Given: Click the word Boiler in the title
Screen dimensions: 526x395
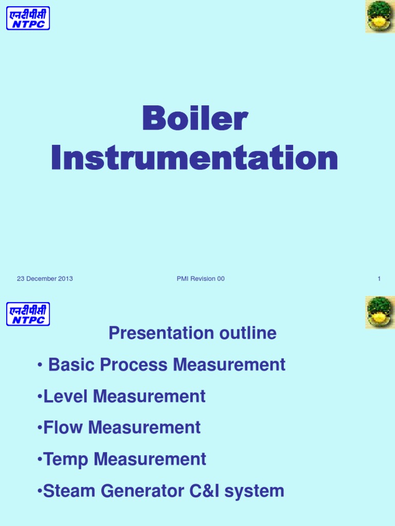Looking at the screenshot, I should coord(195,119).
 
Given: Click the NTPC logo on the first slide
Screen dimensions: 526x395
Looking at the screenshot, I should coord(28,18).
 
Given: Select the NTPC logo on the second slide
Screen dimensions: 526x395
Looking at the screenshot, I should coord(28,314).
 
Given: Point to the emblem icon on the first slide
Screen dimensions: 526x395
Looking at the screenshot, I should coord(380,16).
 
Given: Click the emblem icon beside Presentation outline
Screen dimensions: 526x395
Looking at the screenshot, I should coord(380,312).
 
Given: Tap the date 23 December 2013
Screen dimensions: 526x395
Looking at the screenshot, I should coord(45,279).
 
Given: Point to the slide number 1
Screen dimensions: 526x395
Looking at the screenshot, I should coord(379,279).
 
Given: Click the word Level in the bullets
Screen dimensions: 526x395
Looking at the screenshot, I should coord(61,396).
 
